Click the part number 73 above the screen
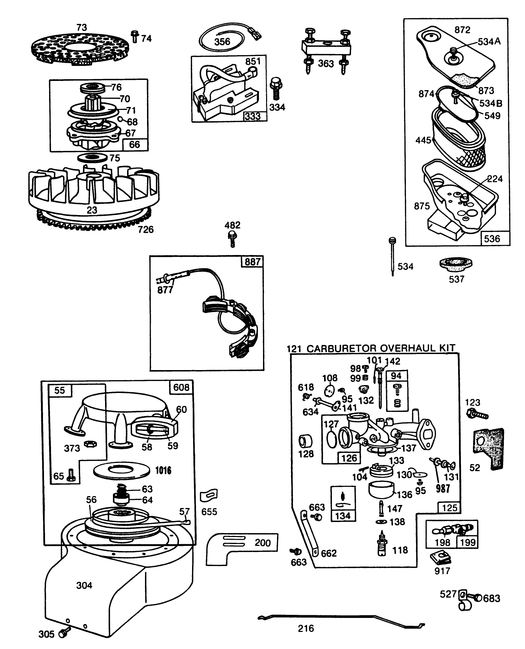point(82,27)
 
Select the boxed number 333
point(253,116)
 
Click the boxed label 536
point(492,238)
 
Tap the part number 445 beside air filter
point(423,140)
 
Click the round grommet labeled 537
point(456,265)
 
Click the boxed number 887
point(252,262)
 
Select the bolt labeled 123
point(477,414)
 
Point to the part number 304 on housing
point(84,585)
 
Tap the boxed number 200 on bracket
point(262,542)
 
